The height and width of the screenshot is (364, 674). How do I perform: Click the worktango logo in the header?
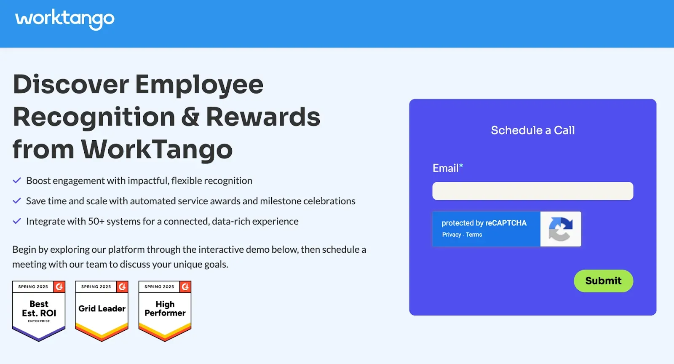pyautogui.click(x=65, y=19)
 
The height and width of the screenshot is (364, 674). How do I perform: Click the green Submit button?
pyautogui.click(x=603, y=281)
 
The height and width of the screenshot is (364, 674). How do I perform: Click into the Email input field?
pyautogui.click(x=532, y=191)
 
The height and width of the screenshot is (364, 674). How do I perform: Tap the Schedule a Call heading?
pyautogui.click(x=532, y=130)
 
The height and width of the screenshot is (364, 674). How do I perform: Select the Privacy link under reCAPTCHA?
pyautogui.click(x=452, y=235)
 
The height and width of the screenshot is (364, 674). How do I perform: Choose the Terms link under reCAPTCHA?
pyautogui.click(x=474, y=235)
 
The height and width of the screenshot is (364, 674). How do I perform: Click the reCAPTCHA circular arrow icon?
pyautogui.click(x=561, y=229)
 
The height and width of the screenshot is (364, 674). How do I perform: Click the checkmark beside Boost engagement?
pyautogui.click(x=17, y=181)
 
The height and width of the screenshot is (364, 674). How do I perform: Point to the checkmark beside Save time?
pyautogui.click(x=17, y=201)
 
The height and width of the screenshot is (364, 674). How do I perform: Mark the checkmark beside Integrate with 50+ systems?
pyautogui.click(x=17, y=221)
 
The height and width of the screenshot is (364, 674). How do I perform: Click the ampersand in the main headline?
pyautogui.click(x=191, y=117)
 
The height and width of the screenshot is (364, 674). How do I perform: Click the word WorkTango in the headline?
pyautogui.click(x=157, y=150)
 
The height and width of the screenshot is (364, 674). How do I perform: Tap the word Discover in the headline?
pyautogui.click(x=71, y=84)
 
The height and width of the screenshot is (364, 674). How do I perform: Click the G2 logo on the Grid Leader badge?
pyautogui.click(x=122, y=286)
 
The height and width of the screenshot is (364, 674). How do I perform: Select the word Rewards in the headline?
pyautogui.click(x=263, y=117)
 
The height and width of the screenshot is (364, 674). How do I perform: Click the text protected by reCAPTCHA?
pyautogui.click(x=484, y=223)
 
